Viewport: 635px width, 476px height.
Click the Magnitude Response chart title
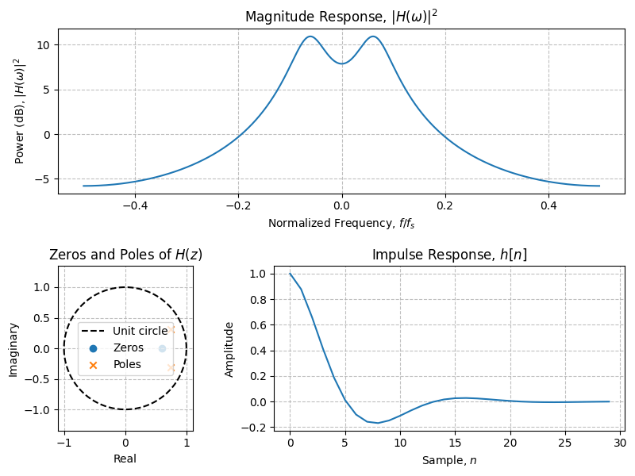pyautogui.click(x=341, y=17)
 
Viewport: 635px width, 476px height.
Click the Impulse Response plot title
pyautogui.click(x=449, y=255)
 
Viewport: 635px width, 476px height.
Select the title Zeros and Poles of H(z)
pyautogui.click(x=125, y=255)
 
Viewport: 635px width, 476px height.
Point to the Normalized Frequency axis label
pyautogui.click(x=341, y=223)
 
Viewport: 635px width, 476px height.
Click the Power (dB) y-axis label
pyautogui.click(x=20, y=111)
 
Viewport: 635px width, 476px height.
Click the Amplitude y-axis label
pyautogui.click(x=229, y=349)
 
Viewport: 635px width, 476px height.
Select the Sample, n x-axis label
pyautogui.click(x=449, y=460)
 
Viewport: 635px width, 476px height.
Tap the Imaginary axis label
pyautogui.click(x=13, y=349)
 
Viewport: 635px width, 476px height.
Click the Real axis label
pyautogui.click(x=125, y=459)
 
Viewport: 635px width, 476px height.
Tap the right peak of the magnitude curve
pyautogui.click(x=372, y=36)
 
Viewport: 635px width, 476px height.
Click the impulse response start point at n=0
pyautogui.click(x=291, y=274)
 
